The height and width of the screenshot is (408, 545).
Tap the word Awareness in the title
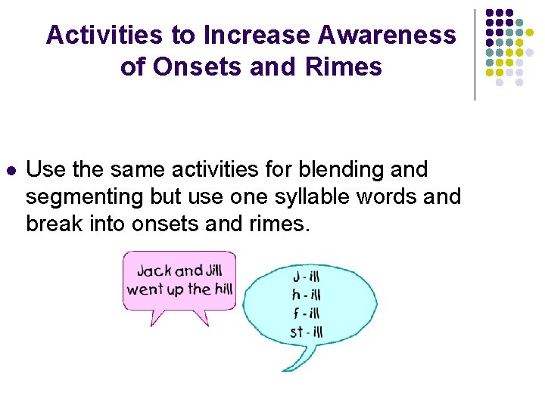coord(387,36)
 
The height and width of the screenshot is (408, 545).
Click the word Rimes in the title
coord(344,66)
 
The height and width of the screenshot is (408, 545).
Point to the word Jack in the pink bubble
coord(154,271)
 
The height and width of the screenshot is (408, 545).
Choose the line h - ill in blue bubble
coord(306,295)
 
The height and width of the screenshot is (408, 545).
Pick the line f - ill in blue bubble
coord(306,313)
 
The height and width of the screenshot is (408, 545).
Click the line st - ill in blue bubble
coord(306,331)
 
